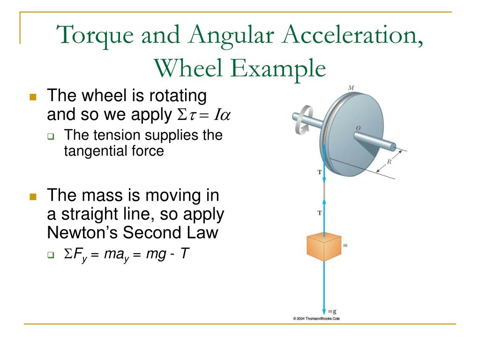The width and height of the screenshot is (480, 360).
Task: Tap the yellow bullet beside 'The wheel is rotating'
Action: tap(33, 97)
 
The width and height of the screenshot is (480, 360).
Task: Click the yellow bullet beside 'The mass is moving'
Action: tap(33, 196)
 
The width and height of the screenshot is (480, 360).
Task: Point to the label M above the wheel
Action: tap(351, 88)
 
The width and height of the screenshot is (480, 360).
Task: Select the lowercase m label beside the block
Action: tap(345, 245)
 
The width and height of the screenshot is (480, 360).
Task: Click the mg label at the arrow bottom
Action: tap(332, 311)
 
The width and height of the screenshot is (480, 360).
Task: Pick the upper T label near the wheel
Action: tap(319, 172)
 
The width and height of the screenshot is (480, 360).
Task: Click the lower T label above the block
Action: tap(319, 213)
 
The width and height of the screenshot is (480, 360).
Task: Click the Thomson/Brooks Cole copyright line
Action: tap(316, 319)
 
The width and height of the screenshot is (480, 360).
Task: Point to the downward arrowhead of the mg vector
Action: tap(324, 311)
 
